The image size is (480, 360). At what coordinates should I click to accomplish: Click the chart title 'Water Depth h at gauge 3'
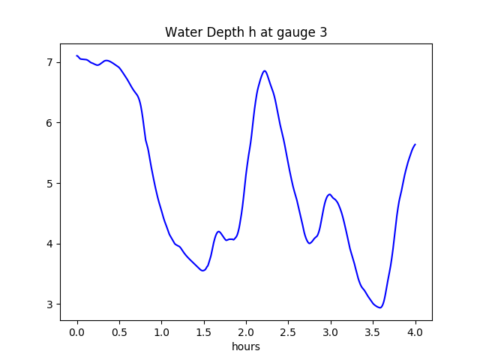(246, 33)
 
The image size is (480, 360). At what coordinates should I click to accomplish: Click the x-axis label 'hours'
(246, 347)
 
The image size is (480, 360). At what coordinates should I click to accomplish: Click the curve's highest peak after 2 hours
(265, 71)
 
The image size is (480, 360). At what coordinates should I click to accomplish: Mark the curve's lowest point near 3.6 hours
(380, 307)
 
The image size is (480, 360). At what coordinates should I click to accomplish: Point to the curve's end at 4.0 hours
(415, 144)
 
